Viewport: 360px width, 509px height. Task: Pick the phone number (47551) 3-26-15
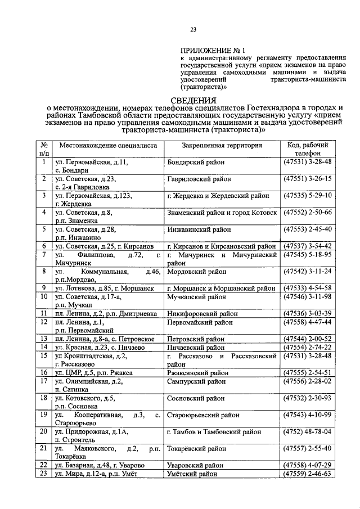pyautogui.click(x=308, y=179)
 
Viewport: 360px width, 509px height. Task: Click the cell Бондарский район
pyautogui.click(x=196, y=162)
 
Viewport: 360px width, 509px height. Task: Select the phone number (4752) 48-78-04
pyautogui.click(x=308, y=432)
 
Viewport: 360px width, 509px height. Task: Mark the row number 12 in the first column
pyautogui.click(x=43, y=322)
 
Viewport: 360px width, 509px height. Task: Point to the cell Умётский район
pyautogui.click(x=192, y=474)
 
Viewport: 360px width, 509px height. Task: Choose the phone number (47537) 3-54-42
pyautogui.click(x=308, y=246)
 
